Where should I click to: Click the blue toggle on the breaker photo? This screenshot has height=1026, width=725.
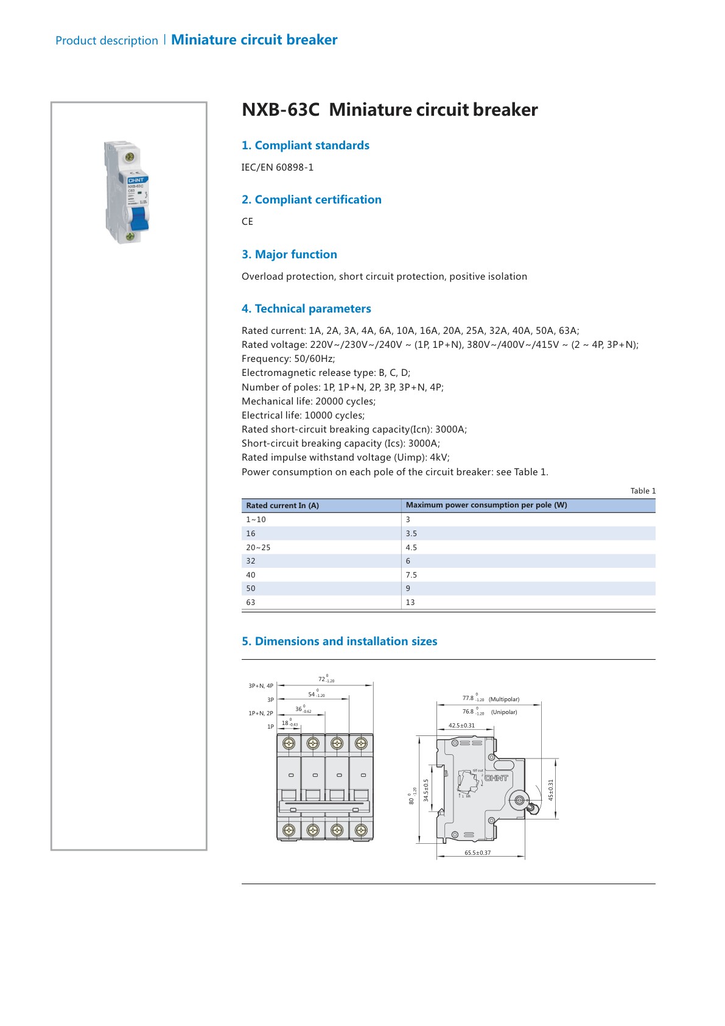click(139, 219)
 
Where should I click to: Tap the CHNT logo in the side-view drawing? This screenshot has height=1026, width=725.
click(496, 778)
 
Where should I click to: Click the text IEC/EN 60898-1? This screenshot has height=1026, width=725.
click(278, 167)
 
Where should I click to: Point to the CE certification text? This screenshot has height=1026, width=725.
click(247, 221)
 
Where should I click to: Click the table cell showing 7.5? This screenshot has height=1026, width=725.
click(412, 575)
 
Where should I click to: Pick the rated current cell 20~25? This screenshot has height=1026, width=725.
click(258, 547)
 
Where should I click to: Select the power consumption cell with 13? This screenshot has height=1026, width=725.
click(410, 602)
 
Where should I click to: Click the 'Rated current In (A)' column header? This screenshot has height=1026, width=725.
click(282, 505)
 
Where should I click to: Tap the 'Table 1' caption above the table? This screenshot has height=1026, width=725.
click(643, 490)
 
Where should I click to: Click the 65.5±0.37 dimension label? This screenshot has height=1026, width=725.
click(477, 852)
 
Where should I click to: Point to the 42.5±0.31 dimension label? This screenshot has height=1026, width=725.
click(461, 725)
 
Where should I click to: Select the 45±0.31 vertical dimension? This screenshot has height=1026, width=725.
click(551, 790)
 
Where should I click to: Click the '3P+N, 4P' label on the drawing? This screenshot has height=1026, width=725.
click(261, 685)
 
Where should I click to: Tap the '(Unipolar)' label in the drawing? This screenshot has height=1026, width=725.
click(504, 712)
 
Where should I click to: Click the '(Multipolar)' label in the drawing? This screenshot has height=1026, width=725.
click(504, 699)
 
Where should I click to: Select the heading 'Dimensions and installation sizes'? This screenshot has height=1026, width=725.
click(340, 641)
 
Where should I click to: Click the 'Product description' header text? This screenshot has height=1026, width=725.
click(107, 40)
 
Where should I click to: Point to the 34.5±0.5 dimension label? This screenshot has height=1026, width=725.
click(426, 790)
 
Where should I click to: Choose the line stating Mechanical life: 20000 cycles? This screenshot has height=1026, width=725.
click(309, 401)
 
